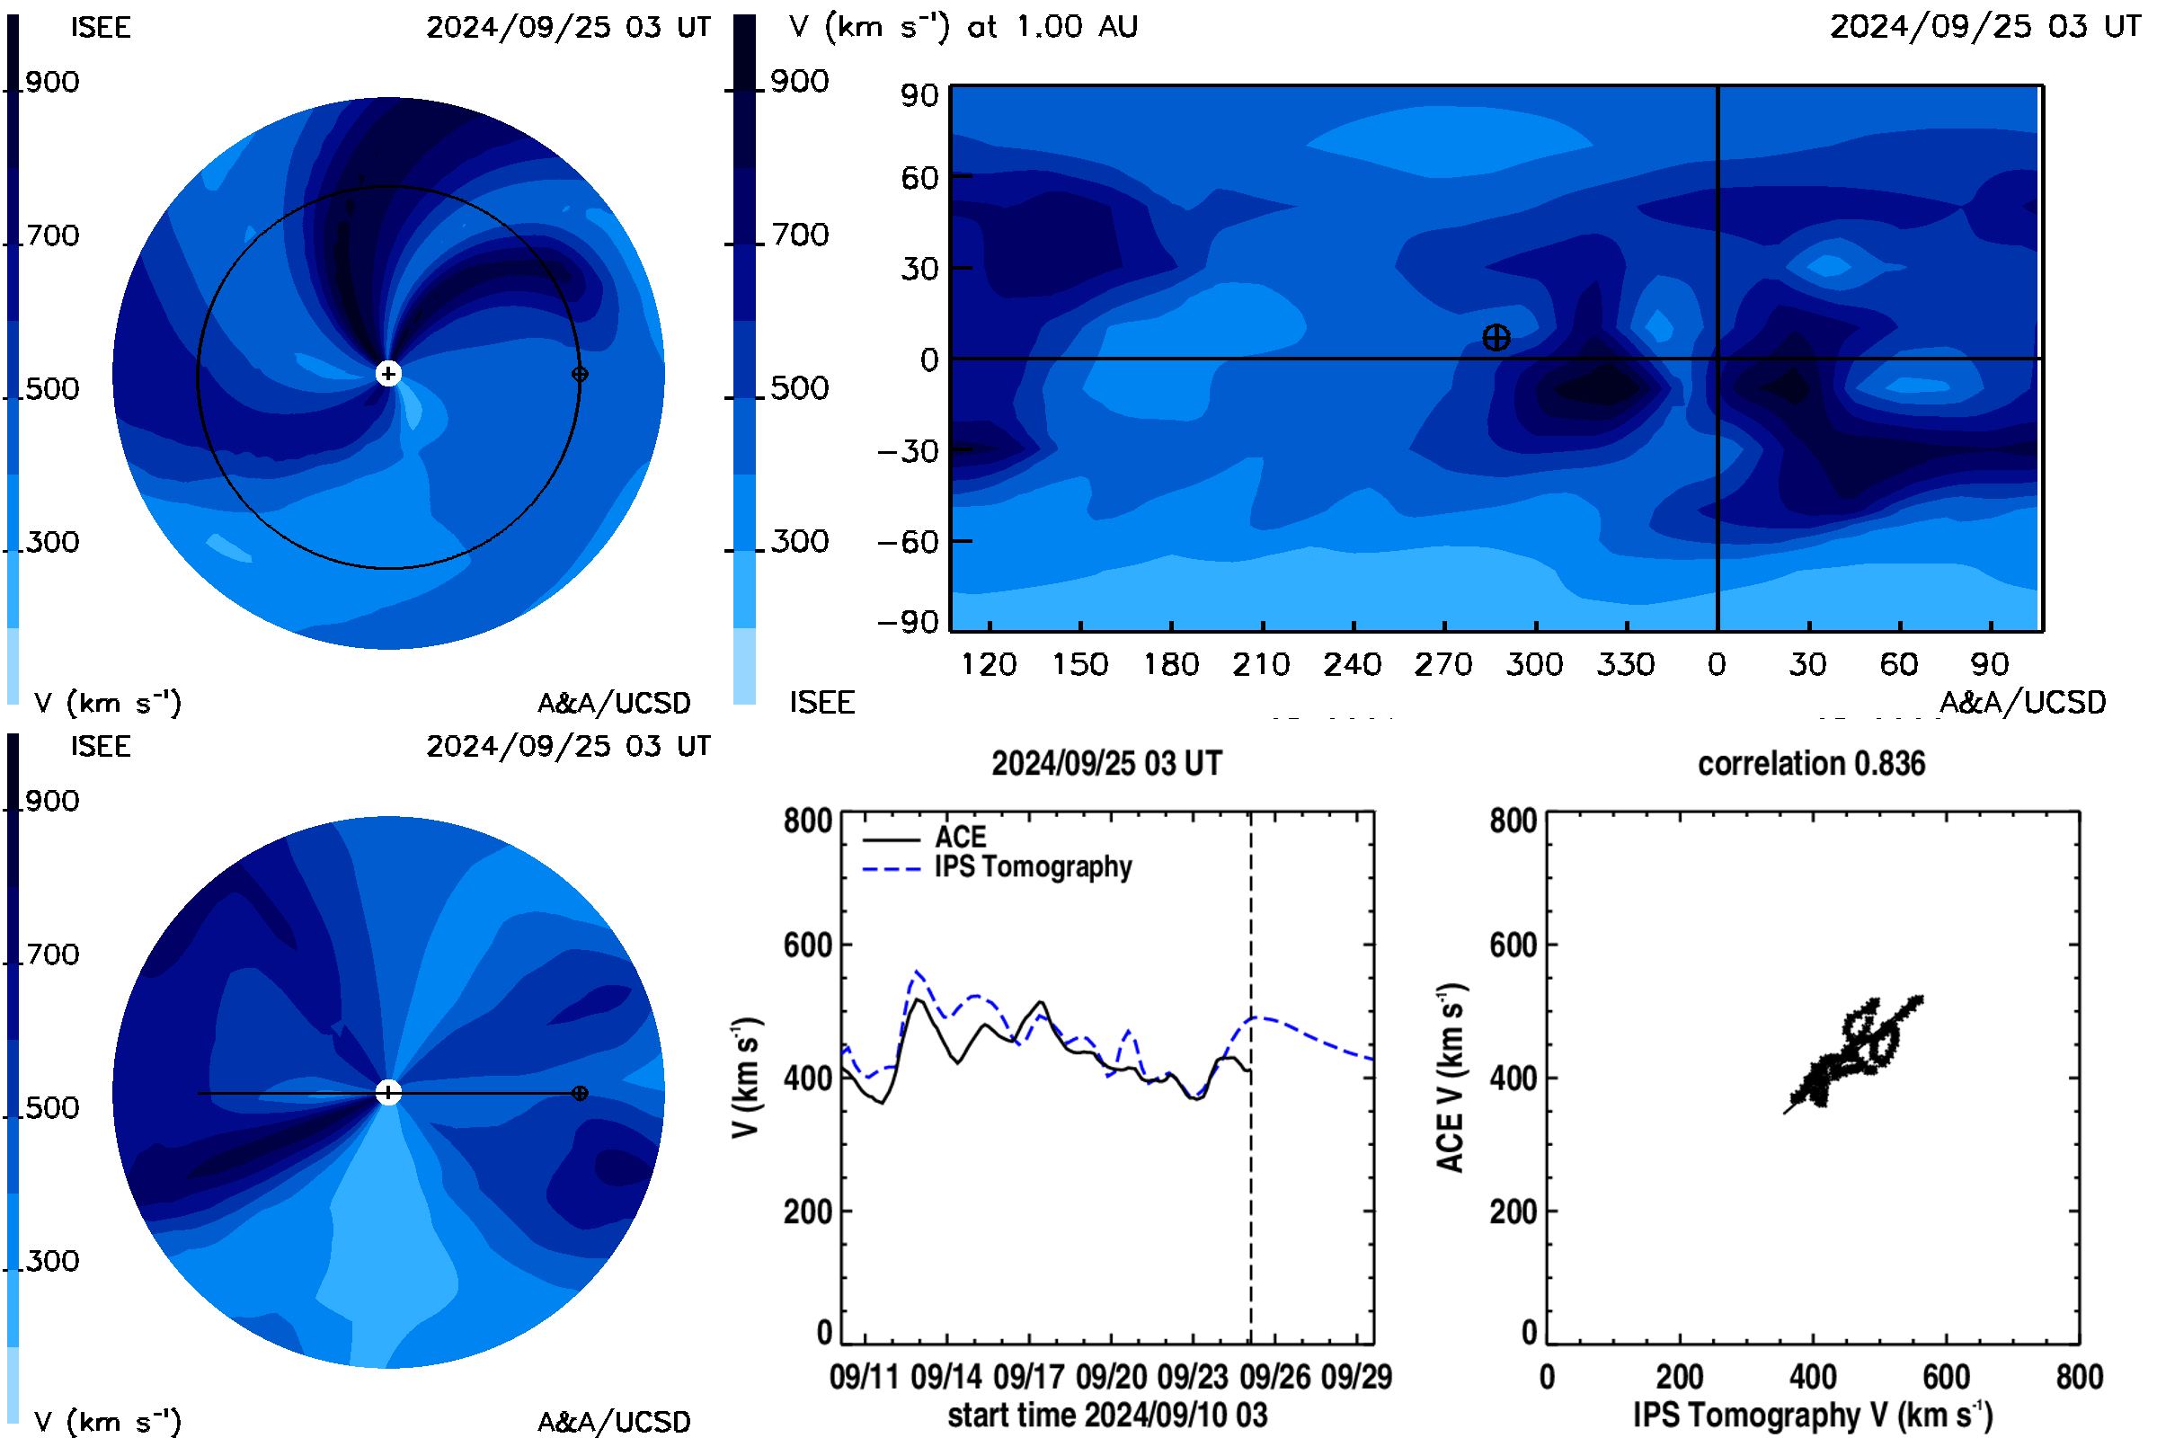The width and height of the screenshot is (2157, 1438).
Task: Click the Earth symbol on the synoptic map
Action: [1496, 338]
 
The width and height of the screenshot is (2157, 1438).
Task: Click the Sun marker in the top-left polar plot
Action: [388, 373]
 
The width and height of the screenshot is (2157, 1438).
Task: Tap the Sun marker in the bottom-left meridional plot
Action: [388, 1092]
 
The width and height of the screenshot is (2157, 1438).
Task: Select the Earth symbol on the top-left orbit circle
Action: [580, 374]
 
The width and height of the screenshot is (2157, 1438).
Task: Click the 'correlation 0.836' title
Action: [1811, 763]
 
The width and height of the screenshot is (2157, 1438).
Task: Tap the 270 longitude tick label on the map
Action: [1443, 664]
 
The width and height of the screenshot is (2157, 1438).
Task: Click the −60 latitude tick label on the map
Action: [908, 542]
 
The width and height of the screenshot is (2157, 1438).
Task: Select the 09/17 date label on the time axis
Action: [1028, 1377]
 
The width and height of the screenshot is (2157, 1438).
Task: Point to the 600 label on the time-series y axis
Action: [808, 945]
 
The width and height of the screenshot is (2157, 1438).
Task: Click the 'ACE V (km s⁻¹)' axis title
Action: [1451, 1078]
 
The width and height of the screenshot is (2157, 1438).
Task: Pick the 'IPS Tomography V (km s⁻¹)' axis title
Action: [1813, 1415]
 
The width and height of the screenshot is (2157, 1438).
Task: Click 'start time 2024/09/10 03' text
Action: [1107, 1415]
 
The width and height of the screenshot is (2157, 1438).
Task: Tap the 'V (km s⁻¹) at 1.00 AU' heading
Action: [963, 27]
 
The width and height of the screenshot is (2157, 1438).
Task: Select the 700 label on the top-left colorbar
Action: [52, 235]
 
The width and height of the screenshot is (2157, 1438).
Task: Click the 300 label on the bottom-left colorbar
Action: [52, 1261]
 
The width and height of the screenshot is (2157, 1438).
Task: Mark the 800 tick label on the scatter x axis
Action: [2079, 1377]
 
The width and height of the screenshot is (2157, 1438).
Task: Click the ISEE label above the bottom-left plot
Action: [101, 747]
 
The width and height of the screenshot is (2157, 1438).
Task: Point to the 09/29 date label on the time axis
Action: [1356, 1377]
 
